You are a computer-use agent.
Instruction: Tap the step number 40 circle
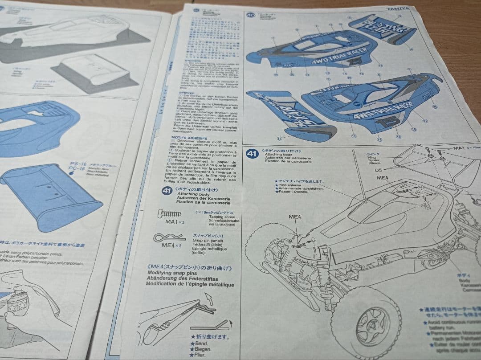click(x=250, y=15)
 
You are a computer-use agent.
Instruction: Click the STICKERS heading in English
click(x=178, y=61)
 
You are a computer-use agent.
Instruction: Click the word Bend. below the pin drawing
click(x=201, y=344)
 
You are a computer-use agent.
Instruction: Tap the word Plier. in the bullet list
click(x=200, y=355)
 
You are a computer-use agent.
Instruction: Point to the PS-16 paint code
click(x=74, y=163)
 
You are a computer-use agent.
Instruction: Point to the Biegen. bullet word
click(x=203, y=350)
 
